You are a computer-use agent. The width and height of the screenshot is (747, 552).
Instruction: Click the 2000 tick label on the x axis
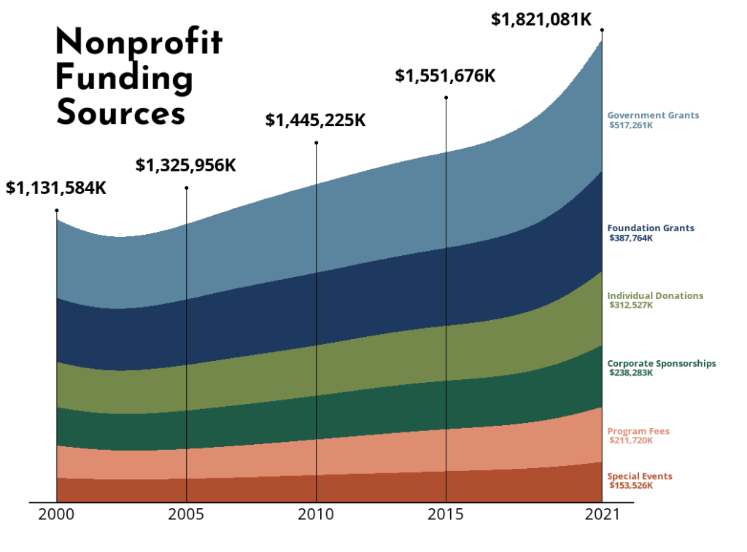(56, 515)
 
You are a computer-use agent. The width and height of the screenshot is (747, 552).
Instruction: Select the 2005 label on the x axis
(186, 515)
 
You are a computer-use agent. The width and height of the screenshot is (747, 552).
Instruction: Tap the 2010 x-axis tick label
(316, 515)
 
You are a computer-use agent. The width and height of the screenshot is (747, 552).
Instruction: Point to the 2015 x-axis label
(446, 515)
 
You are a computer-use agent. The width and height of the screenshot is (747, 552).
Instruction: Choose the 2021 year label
(601, 515)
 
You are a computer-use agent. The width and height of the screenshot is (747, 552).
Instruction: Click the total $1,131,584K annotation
(56, 187)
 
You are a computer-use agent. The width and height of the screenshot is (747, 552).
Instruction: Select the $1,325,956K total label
(186, 165)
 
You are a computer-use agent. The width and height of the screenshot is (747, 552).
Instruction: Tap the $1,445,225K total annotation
(315, 120)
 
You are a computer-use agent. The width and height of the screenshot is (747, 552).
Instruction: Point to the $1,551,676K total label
(445, 75)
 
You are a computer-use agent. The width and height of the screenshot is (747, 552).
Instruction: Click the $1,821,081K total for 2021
(541, 19)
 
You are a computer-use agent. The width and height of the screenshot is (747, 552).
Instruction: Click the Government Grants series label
(653, 115)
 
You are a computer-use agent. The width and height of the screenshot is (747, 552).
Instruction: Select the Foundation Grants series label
(651, 228)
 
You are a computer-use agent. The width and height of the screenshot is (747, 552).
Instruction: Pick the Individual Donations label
(655, 296)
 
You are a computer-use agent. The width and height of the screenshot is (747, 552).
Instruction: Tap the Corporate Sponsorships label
(662, 363)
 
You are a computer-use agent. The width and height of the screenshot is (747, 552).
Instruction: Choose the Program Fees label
(638, 431)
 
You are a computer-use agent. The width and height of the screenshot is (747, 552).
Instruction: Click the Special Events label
(640, 476)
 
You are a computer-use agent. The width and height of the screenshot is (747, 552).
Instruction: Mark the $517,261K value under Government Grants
(631, 125)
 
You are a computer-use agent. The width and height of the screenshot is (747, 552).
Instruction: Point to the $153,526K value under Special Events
(631, 485)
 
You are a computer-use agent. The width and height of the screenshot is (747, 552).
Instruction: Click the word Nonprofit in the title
(139, 43)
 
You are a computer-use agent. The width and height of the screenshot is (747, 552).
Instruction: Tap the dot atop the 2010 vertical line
(316, 142)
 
